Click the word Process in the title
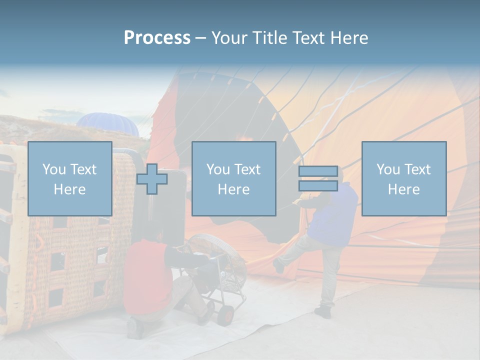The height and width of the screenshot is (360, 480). click(157, 38)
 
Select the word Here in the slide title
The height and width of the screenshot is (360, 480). click(350, 38)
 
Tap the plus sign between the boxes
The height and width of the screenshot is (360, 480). click(152, 178)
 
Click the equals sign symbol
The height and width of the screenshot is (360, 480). click(318, 178)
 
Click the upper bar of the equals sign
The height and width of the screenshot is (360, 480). click(318, 171)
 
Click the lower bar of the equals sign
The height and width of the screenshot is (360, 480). click(318, 186)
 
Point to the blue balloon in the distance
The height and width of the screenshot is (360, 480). click(107, 124)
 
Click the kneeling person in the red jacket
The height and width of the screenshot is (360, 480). click(148, 280)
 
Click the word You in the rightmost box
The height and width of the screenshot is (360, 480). click(387, 169)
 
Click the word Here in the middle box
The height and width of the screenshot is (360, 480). click(233, 189)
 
